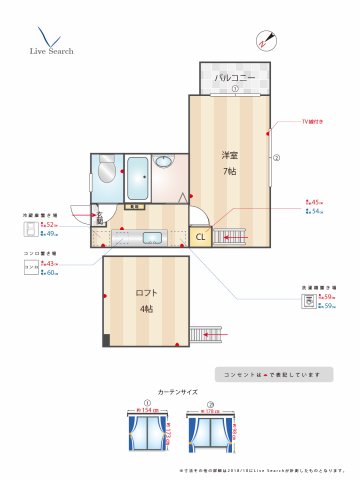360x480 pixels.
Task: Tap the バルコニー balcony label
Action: [x=235, y=77]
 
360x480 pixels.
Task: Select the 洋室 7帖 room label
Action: [x=230, y=162]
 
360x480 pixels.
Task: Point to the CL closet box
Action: [x=200, y=237]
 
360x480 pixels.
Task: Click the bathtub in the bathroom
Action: [x=139, y=177]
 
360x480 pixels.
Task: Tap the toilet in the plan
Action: [x=106, y=172]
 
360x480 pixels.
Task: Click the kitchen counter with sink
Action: [x=144, y=237]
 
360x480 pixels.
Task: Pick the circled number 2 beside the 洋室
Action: [x=276, y=157]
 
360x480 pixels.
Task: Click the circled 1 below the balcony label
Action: [x=235, y=89]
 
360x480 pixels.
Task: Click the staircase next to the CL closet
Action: [x=229, y=237]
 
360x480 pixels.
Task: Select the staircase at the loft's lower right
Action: [x=209, y=333]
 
